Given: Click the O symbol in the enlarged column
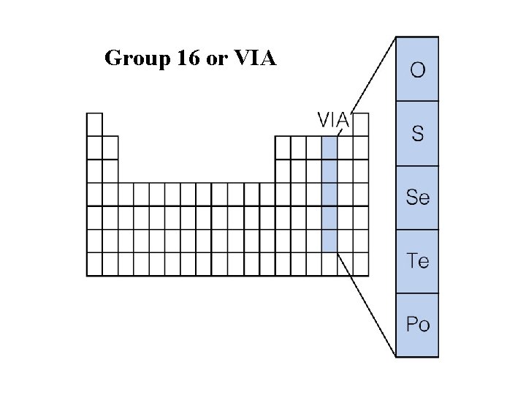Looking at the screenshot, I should tap(417, 70).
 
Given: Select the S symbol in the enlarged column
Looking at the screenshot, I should tap(417, 134).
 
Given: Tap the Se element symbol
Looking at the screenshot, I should tap(417, 197).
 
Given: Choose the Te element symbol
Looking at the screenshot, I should tap(417, 261).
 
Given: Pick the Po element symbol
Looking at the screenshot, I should tap(417, 324).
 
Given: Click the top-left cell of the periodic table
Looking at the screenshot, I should tap(94, 124).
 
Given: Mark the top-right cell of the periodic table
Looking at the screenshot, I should tap(361, 124).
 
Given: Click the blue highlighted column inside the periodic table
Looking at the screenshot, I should tap(329, 194).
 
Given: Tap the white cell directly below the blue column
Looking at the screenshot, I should tap(329, 263).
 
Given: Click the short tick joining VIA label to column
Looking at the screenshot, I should tap(340, 132).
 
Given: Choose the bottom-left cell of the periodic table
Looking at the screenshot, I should tap(94, 263).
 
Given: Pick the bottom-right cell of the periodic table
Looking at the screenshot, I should tap(361, 263).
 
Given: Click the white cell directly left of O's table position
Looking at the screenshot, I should tap(314, 147).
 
